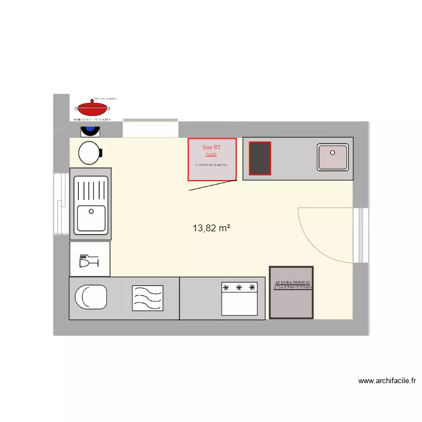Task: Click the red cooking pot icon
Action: pyautogui.click(x=93, y=107)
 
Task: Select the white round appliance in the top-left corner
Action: pyautogui.click(x=89, y=152)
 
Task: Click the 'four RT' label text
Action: pyautogui.click(x=212, y=147)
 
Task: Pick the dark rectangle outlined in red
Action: pyautogui.click(x=260, y=158)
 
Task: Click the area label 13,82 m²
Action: pyautogui.click(x=212, y=228)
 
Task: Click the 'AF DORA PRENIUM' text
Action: pyautogui.click(x=291, y=283)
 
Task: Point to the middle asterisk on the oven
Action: pyautogui.click(x=239, y=288)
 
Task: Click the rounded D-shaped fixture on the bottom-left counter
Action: pyautogui.click(x=91, y=297)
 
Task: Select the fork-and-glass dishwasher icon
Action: pyautogui.click(x=90, y=261)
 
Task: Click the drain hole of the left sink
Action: pyautogui.click(x=89, y=212)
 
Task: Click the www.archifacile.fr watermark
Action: pyautogui.click(x=387, y=381)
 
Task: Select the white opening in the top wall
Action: pyautogui.click(x=150, y=128)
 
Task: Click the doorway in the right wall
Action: pyautogui.click(x=361, y=235)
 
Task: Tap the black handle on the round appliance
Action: pyautogui.click(x=101, y=152)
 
